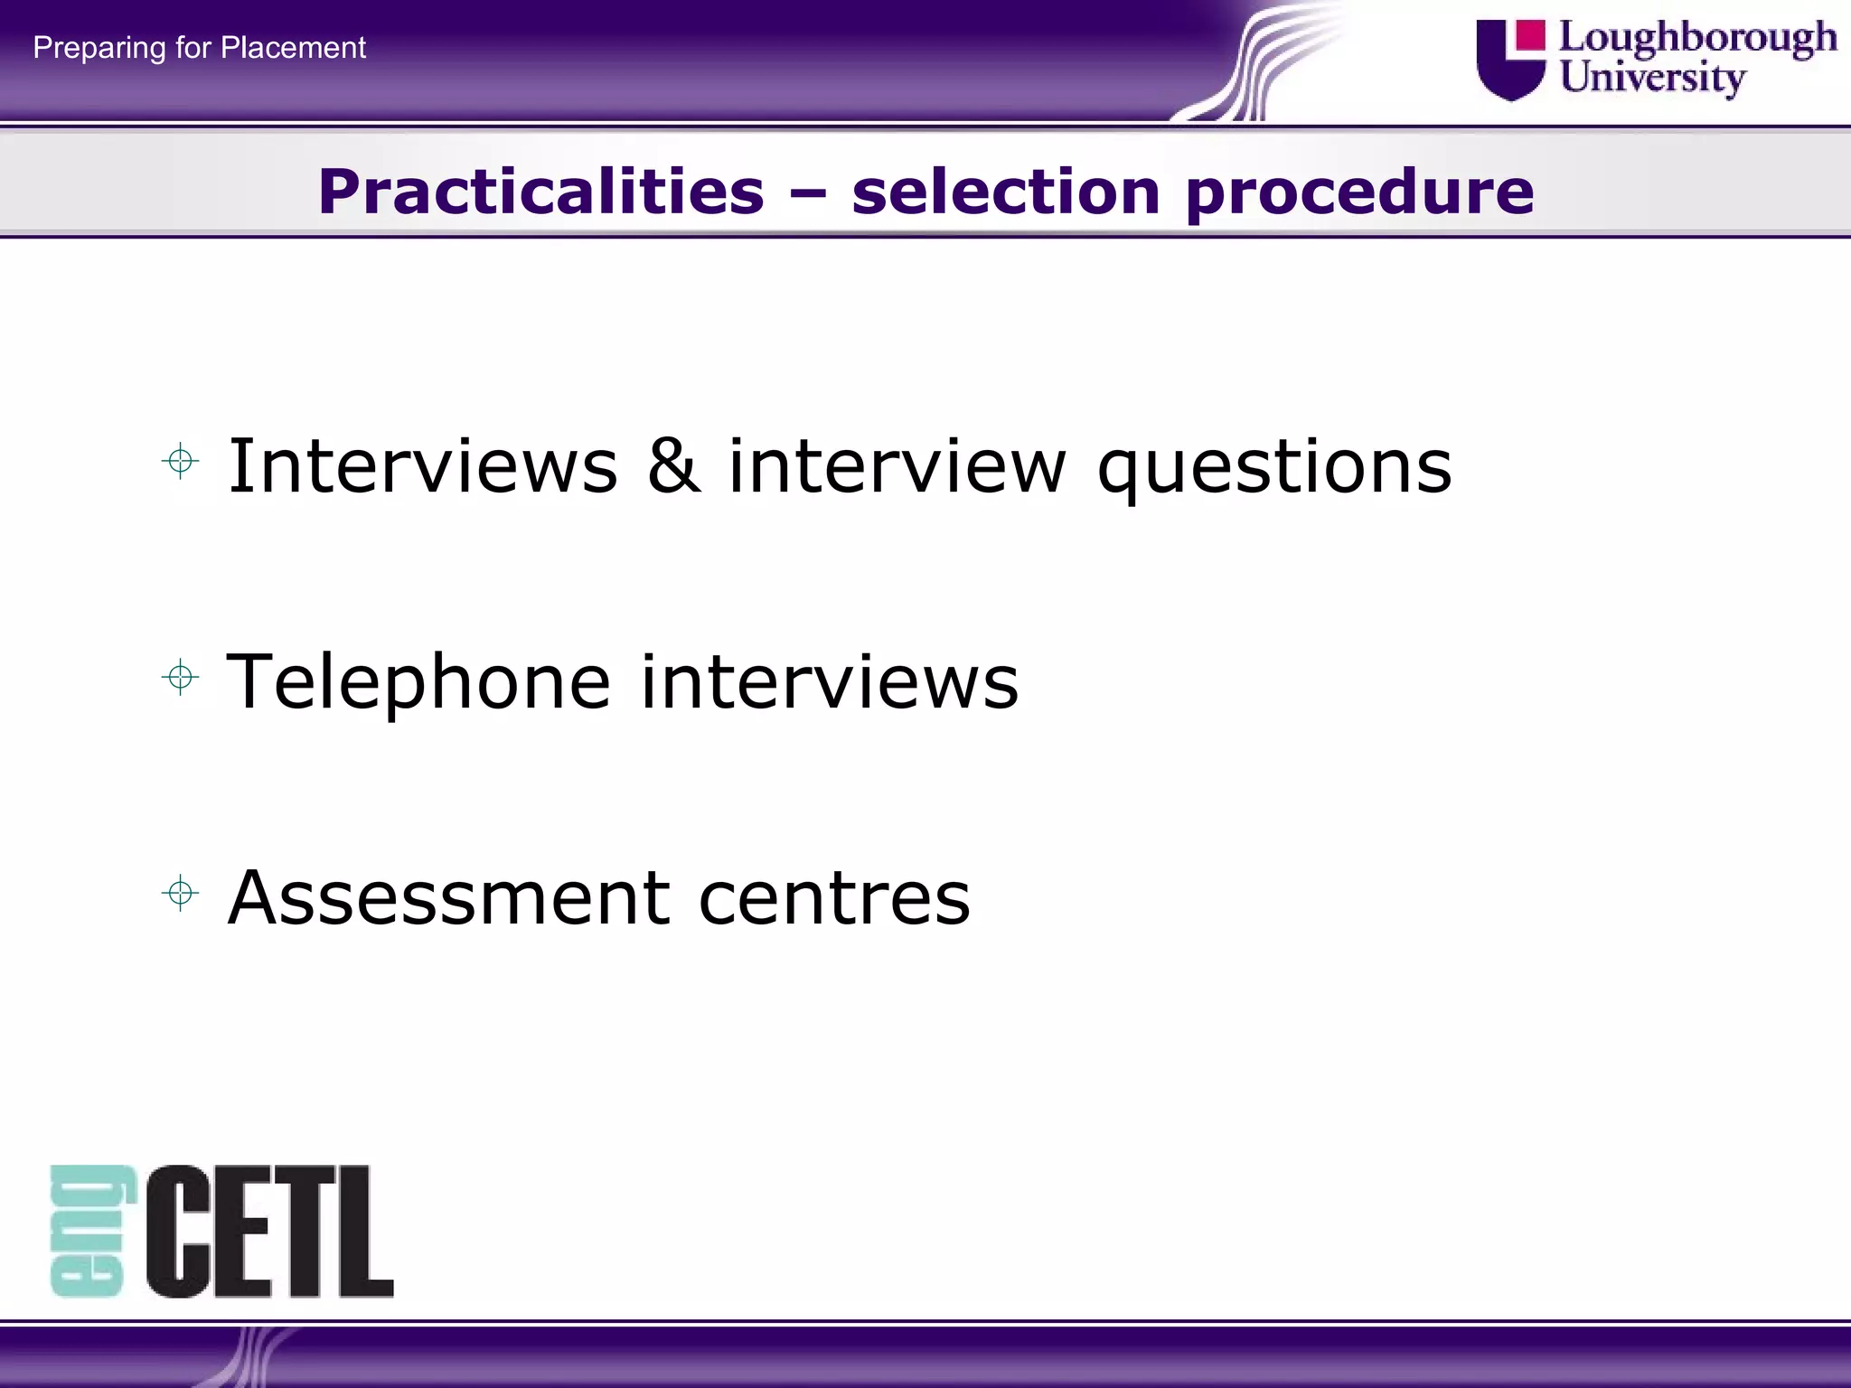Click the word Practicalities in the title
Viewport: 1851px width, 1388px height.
click(540, 192)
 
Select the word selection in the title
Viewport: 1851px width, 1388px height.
click(1005, 192)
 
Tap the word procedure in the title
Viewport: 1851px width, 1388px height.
click(1359, 193)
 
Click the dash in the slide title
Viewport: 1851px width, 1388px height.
click(807, 192)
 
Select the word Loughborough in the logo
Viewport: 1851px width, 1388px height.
click(1697, 39)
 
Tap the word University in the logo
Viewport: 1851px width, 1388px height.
click(1652, 77)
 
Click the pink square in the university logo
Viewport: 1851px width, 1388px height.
click(1530, 35)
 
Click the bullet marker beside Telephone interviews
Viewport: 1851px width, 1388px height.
click(181, 677)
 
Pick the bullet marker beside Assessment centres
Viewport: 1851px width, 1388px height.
click(181, 894)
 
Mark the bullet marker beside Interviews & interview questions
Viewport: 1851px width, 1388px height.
click(181, 462)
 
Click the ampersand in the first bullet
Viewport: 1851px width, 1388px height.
click(673, 464)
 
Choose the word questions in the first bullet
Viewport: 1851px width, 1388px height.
click(1274, 468)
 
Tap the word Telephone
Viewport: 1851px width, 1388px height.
click(418, 682)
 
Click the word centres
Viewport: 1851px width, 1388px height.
click(834, 899)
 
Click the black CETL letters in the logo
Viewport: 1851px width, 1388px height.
click(269, 1231)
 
